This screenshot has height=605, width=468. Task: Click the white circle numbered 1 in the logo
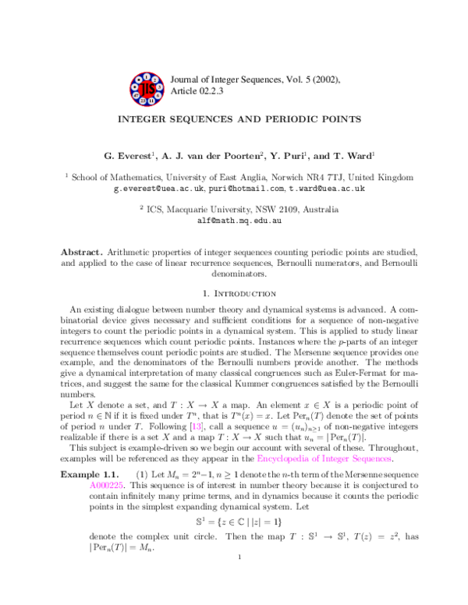[x=147, y=77]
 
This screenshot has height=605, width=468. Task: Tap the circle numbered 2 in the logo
[x=154, y=80]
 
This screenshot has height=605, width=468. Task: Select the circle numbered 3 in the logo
[x=159, y=87]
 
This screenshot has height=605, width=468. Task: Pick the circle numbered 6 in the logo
[x=158, y=96]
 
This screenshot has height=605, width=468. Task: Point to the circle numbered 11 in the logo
[x=151, y=101]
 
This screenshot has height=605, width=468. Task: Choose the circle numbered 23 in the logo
[x=143, y=101]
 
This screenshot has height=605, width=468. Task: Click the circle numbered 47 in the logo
[x=136, y=96]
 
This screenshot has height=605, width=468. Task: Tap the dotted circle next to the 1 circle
[x=139, y=80]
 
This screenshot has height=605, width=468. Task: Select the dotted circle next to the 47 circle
[x=135, y=87]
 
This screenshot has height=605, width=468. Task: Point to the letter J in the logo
[x=143, y=89]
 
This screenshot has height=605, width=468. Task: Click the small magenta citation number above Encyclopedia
[x=197, y=426]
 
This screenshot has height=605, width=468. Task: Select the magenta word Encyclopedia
[x=283, y=458]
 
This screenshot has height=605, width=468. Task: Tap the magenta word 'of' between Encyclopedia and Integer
[x=316, y=458]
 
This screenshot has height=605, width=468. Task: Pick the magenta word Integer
[x=335, y=458]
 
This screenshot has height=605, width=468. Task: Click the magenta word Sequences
[x=373, y=458]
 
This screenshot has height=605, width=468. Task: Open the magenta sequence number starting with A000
[x=106, y=486]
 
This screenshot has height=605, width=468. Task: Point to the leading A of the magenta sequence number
[x=92, y=486]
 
